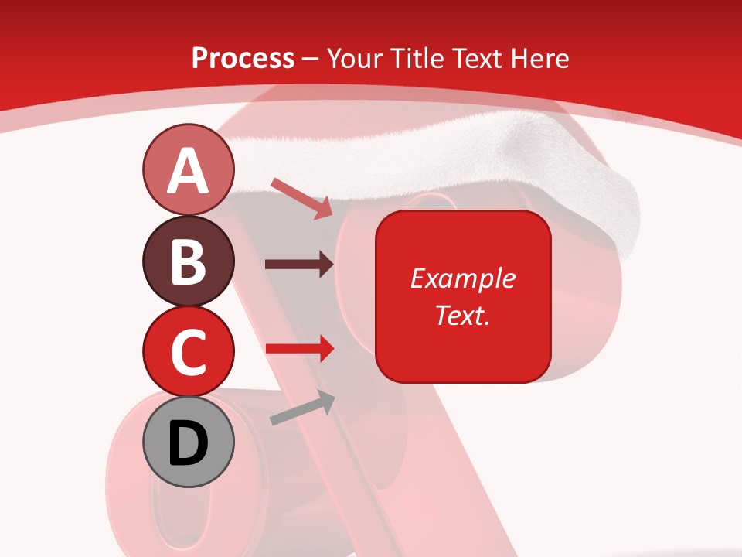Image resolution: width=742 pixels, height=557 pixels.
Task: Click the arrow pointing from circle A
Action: tap(301, 198)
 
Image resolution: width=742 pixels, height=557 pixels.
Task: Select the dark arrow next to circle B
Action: tap(299, 265)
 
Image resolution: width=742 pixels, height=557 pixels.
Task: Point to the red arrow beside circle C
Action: tap(299, 348)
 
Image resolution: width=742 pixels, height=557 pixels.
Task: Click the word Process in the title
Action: tap(243, 58)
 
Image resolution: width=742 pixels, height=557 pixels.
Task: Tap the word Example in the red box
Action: tap(462, 278)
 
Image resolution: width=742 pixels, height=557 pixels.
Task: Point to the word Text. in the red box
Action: tap(462, 315)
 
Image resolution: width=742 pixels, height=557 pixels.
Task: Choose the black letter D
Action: tap(188, 443)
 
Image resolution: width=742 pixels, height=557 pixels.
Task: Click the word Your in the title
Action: tap(353, 58)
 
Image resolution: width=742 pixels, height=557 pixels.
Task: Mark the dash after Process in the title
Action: tap(311, 60)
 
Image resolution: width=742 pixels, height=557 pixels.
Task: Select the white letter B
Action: tap(188, 261)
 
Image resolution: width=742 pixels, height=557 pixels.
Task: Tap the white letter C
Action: tap(188, 351)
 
